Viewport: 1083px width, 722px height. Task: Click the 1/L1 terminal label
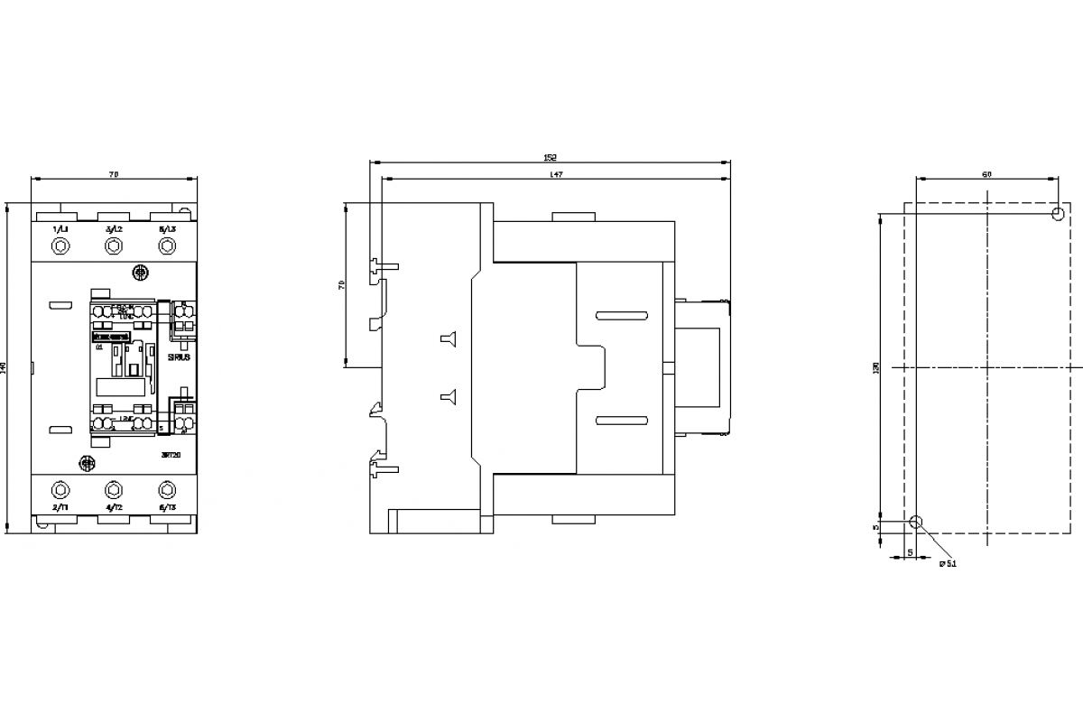coord(60,230)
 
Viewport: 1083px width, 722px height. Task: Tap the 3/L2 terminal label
coord(114,230)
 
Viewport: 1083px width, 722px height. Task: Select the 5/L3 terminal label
coord(167,230)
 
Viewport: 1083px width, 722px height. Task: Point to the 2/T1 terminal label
coord(60,509)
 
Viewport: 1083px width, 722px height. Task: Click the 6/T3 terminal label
coord(167,509)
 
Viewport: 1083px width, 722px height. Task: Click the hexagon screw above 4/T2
coord(113,489)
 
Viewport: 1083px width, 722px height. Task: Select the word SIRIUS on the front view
coord(179,357)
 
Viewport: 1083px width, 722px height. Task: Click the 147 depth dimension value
coord(556,173)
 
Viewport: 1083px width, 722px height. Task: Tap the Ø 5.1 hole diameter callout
coord(948,563)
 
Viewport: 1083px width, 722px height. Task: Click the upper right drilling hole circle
coord(1059,214)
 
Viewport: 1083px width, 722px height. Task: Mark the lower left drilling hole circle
coord(916,522)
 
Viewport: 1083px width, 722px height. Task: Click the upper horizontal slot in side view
coord(621,315)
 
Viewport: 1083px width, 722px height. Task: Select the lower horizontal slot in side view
coord(621,419)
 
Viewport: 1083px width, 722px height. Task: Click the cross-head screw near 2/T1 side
coord(88,463)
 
